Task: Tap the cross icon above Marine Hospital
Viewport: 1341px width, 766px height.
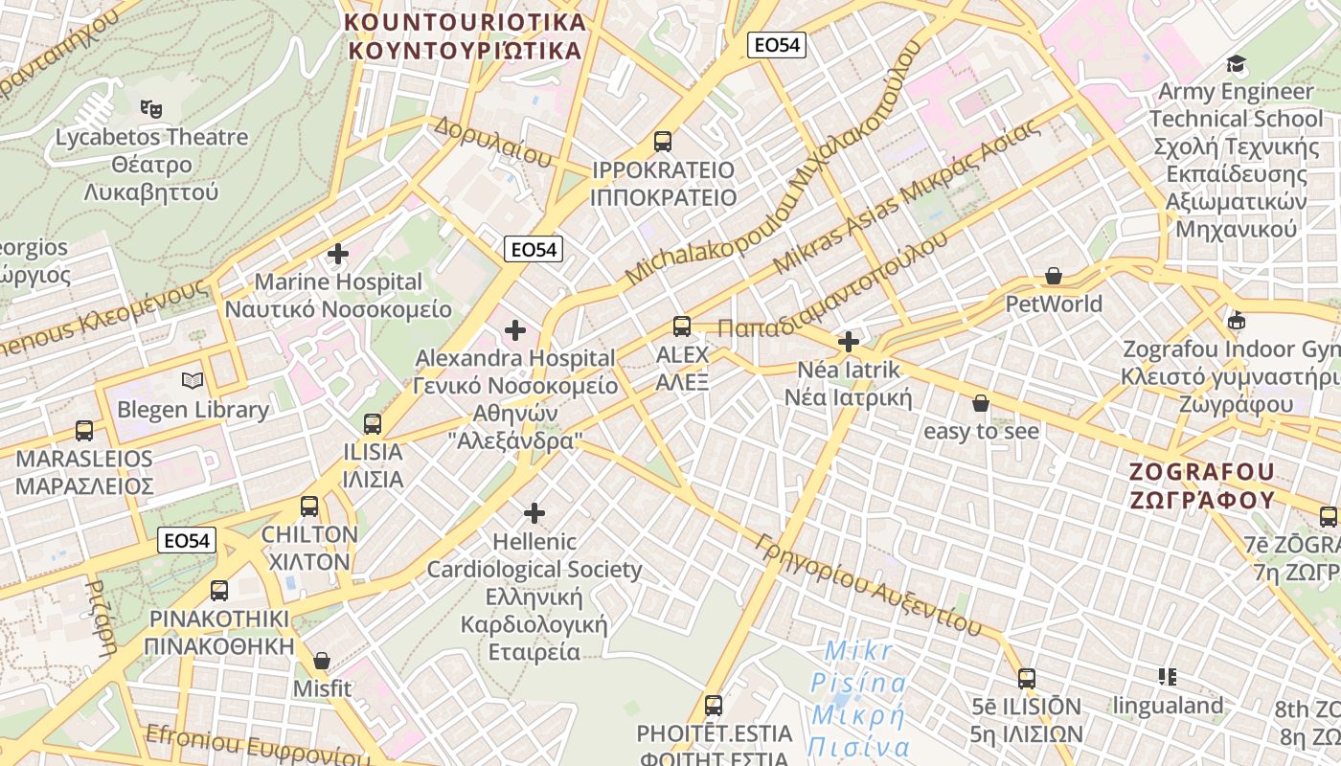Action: click(337, 254)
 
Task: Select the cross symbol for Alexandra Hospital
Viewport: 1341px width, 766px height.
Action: click(515, 330)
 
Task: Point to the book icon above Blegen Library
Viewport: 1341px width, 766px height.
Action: click(193, 381)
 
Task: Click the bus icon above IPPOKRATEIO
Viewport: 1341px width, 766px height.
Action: click(662, 142)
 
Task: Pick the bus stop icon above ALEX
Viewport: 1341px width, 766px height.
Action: click(681, 327)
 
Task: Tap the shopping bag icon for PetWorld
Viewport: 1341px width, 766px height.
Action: click(1054, 276)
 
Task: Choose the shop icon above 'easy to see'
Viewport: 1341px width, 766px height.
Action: click(980, 403)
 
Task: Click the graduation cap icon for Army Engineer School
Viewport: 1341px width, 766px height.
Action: click(1236, 64)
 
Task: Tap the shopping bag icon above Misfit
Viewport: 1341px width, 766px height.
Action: click(322, 661)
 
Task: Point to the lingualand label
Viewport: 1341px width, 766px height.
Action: click(1168, 706)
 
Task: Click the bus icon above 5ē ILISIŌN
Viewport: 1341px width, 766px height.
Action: click(1027, 679)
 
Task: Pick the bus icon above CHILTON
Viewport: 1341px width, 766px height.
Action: click(308, 507)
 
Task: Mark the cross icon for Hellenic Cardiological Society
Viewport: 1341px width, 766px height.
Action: click(534, 513)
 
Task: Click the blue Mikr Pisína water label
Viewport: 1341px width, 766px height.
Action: click(857, 699)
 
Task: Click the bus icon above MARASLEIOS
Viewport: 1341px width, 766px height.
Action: click(84, 431)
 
